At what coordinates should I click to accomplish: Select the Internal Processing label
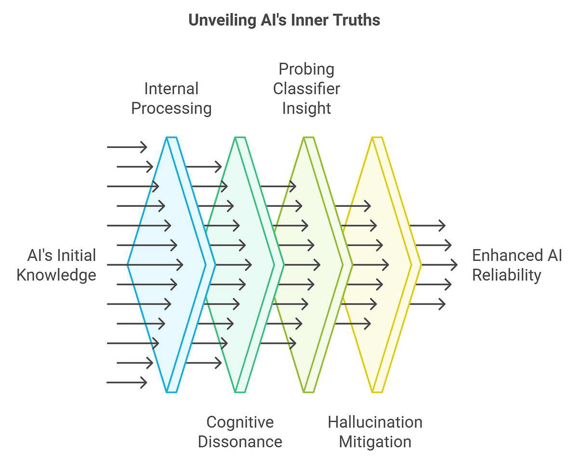click(171, 98)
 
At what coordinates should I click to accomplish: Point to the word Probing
click(306, 69)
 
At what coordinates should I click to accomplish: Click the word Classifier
click(306, 89)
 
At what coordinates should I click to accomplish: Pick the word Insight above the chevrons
click(306, 108)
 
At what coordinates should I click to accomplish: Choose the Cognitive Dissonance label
click(240, 432)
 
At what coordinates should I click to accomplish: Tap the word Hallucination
click(375, 422)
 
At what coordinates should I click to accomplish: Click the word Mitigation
click(375, 442)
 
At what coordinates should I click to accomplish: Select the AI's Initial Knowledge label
click(56, 265)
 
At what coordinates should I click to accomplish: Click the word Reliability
click(506, 275)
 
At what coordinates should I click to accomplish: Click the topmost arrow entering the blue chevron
click(127, 147)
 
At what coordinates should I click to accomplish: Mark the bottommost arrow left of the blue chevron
click(127, 382)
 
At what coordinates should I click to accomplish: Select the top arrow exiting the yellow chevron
click(427, 225)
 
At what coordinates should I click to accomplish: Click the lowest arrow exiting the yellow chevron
click(427, 304)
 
